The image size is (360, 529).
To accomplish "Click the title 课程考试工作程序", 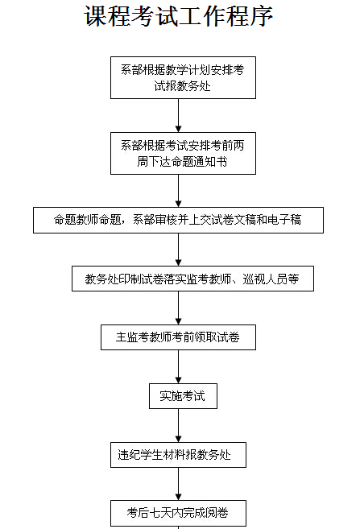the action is [x=178, y=16].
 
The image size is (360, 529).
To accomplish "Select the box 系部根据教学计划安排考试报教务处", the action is [x=183, y=77].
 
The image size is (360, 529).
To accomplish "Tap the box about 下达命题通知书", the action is [x=183, y=153].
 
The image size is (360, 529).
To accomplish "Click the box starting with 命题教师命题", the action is [x=178, y=220].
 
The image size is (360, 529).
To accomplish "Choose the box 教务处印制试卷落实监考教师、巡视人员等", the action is [x=192, y=279].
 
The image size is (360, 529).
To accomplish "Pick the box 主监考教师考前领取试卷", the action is [x=178, y=337].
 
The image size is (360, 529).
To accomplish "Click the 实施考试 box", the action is [x=183, y=396].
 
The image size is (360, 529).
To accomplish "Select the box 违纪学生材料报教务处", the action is [x=178, y=455].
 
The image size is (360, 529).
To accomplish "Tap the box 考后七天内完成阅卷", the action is [x=178, y=513].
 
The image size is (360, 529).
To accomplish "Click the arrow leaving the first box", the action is [x=179, y=115].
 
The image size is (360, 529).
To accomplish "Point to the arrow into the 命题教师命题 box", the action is [x=179, y=191].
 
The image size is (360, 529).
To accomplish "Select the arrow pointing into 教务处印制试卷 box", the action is [x=179, y=250].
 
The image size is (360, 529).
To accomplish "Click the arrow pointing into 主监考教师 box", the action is [x=179, y=308].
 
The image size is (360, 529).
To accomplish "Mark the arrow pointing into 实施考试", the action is [x=179, y=366].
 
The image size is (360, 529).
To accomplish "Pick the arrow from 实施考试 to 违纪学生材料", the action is [x=179, y=425].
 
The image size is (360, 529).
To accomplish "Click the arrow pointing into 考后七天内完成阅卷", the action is [x=179, y=484].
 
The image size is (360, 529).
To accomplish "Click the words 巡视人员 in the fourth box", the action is [x=265, y=279].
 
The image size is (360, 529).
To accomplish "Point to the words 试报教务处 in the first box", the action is [x=183, y=86].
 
